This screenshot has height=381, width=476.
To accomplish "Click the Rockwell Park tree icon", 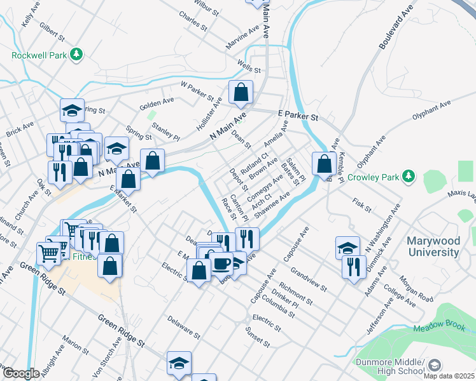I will pos(77,55).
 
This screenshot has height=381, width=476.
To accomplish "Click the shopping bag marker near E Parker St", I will pos(241,93).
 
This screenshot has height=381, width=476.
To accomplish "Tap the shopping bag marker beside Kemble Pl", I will pos(325,163).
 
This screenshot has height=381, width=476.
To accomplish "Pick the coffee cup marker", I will pos(221,262).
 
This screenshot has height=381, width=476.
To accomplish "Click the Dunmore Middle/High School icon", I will pos(434,365).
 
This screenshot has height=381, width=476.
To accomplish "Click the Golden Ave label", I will pos(157,101).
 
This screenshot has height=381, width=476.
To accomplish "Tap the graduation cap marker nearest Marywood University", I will pos(348,248).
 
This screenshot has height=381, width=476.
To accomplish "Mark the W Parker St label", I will pos(197,91).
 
